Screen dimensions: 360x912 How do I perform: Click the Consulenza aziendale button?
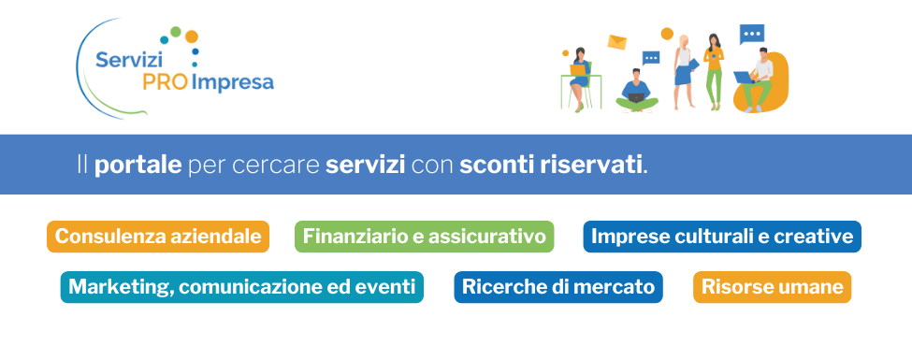[158, 237]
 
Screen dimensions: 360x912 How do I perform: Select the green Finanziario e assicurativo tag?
[424, 237]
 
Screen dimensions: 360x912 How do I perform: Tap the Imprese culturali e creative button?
[721, 237]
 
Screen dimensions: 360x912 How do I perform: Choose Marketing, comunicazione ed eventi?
[242, 287]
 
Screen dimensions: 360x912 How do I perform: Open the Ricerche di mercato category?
[558, 287]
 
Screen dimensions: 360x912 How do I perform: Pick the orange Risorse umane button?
[772, 287]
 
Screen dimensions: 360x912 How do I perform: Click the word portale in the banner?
[138, 166]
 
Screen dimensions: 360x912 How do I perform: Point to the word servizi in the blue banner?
[365, 166]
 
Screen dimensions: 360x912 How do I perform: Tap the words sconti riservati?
[552, 166]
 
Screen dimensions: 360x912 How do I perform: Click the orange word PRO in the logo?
[166, 83]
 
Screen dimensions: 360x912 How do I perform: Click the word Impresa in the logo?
[233, 83]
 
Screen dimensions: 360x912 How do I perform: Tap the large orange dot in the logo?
[192, 36]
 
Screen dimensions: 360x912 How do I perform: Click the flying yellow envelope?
[616, 42]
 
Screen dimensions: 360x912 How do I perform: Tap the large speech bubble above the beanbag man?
[751, 35]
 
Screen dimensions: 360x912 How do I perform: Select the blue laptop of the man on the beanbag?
[744, 77]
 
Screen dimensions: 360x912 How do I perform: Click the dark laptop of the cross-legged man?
[635, 94]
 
